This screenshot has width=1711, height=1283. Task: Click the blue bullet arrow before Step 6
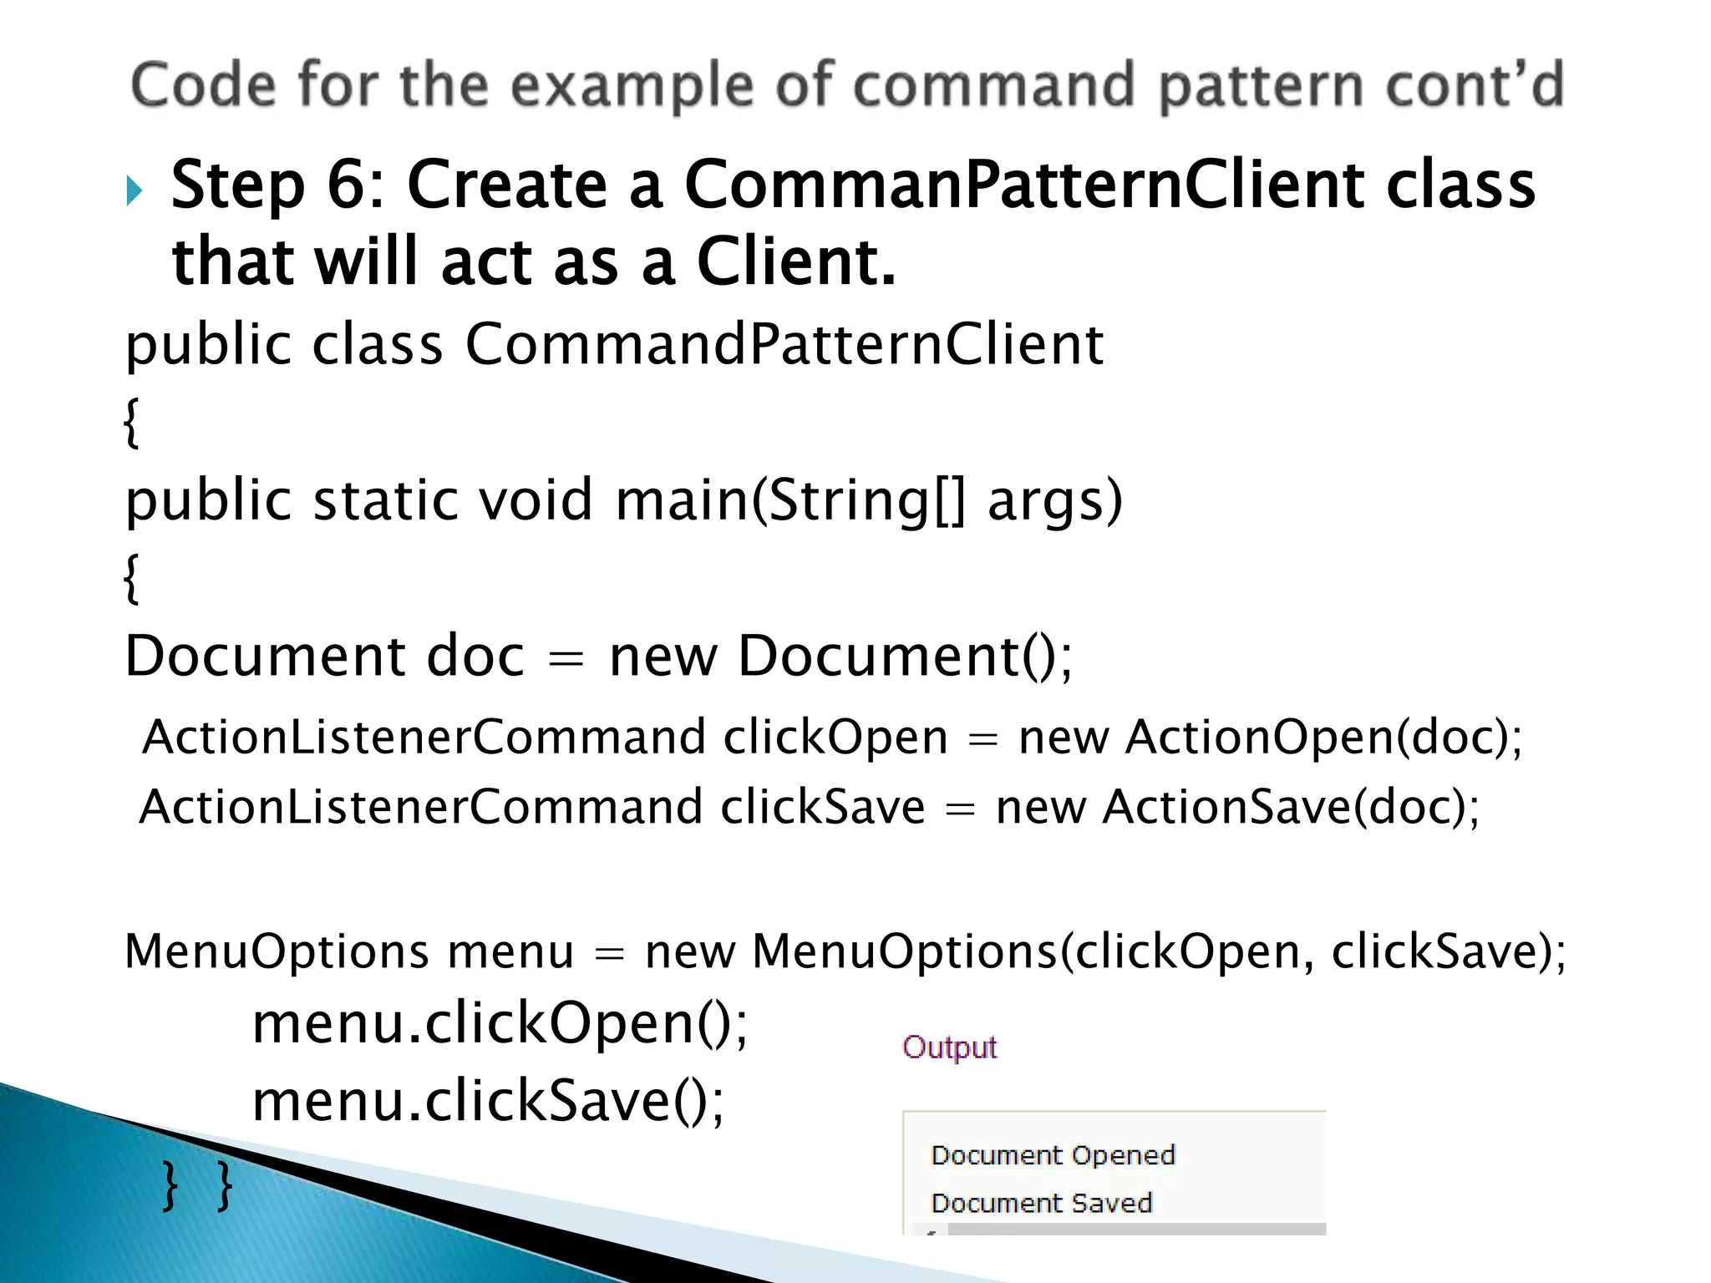click(135, 190)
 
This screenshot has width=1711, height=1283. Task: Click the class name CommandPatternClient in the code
click(784, 344)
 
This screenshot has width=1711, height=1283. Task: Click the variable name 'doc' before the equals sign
click(475, 656)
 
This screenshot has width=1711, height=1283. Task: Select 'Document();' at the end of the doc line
click(905, 656)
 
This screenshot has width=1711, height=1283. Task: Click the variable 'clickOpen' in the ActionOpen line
click(835, 737)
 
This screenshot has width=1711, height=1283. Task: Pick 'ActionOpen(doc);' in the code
click(1324, 737)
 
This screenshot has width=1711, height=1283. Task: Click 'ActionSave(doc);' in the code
click(1291, 807)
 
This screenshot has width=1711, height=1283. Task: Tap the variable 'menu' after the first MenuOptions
click(510, 951)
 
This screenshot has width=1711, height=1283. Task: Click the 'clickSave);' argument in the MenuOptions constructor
click(1449, 951)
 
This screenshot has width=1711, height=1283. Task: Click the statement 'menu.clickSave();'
click(489, 1101)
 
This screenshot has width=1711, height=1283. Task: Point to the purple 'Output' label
click(949, 1047)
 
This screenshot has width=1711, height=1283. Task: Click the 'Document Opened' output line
click(1053, 1155)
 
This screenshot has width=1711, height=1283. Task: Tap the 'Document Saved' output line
click(1041, 1203)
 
